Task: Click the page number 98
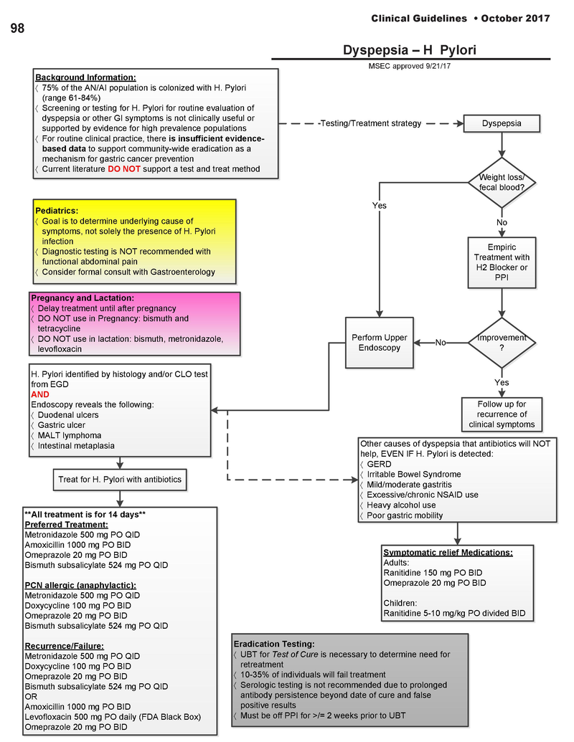point(17,29)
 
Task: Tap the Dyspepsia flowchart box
point(502,123)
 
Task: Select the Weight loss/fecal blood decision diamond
point(502,183)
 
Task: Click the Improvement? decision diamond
point(502,343)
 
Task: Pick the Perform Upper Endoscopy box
point(380,343)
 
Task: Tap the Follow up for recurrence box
point(502,414)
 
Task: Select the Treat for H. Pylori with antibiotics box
point(120,479)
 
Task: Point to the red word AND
point(39,394)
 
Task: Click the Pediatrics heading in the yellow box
point(57,211)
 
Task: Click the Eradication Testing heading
point(274,644)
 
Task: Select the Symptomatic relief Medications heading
point(448,553)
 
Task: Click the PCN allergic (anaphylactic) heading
point(80,585)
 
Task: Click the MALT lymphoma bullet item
point(69,435)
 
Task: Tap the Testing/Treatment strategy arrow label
point(370,123)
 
